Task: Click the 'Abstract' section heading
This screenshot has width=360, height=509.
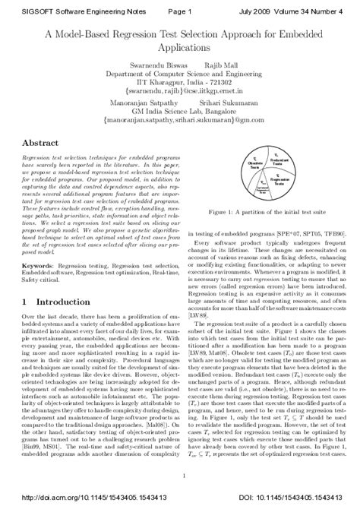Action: pyautogui.click(x=36, y=142)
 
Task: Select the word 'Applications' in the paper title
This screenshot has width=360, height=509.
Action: pyautogui.click(x=180, y=47)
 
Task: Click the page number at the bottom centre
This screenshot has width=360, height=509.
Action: pyautogui.click(x=180, y=478)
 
